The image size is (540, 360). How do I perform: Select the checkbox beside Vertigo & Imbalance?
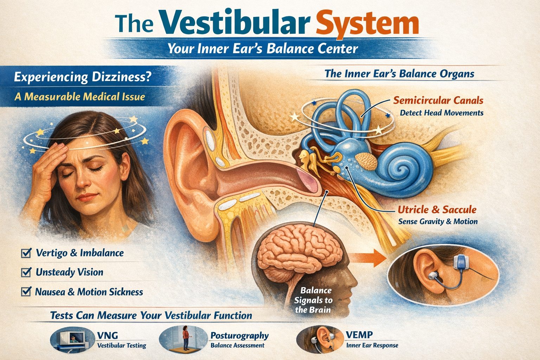[x=26, y=253]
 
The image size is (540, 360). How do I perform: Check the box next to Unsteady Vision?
[x=26, y=272]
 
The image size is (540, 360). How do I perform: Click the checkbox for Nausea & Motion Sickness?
[x=26, y=292]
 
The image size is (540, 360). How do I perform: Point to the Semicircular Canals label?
[x=438, y=101]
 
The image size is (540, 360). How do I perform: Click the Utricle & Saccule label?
[x=437, y=210]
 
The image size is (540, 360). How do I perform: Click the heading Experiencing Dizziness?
[x=83, y=77]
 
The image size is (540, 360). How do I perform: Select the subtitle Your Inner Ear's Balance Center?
[x=263, y=49]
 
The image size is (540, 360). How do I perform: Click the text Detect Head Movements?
[x=442, y=113]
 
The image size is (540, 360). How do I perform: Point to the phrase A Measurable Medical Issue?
[x=80, y=96]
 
